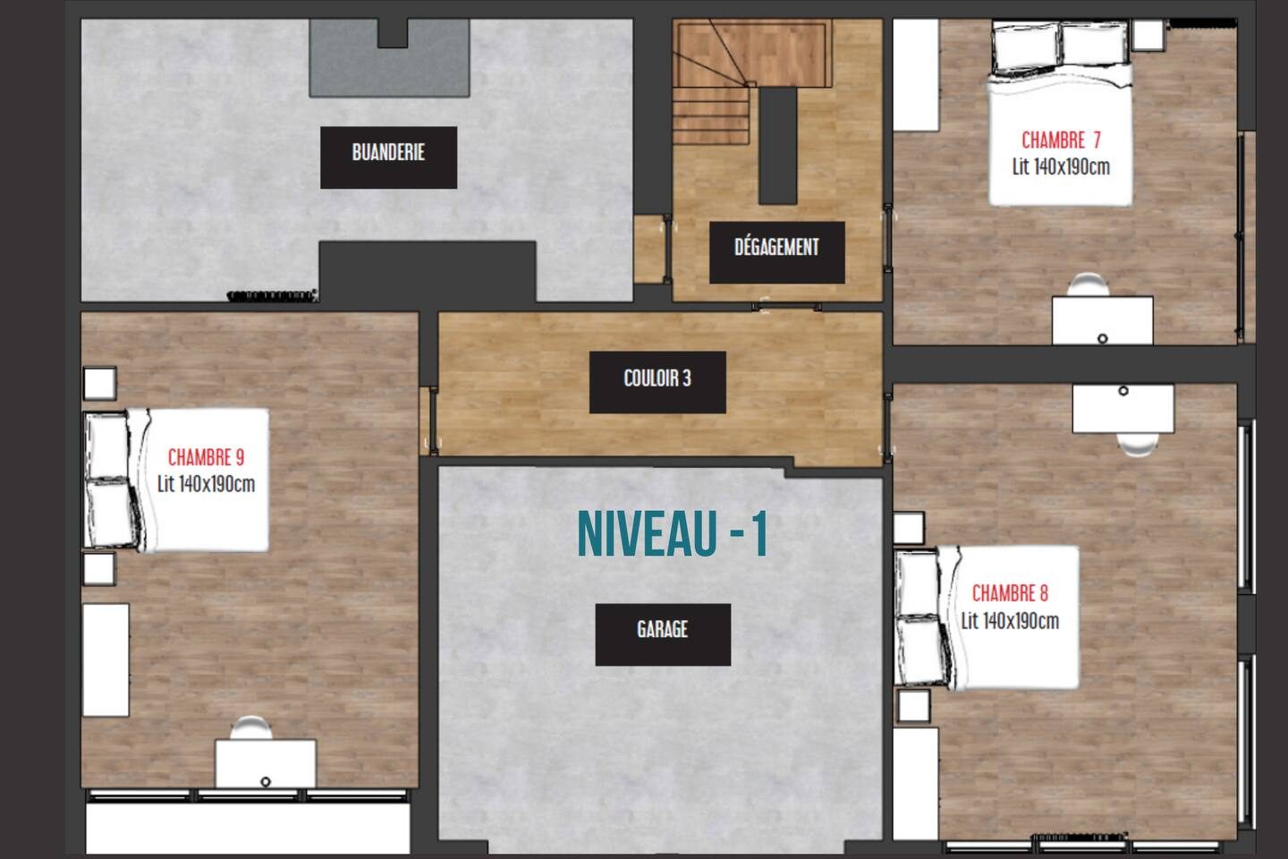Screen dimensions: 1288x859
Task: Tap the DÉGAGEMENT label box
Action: tap(776, 252)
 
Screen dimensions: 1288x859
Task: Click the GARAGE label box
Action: tap(663, 634)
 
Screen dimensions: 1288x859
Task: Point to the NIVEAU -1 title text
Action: tap(673, 534)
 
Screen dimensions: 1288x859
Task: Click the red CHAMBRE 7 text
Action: tap(1061, 140)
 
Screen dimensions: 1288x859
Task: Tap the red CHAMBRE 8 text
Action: tap(1011, 593)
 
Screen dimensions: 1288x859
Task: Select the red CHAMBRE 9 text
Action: tap(206, 457)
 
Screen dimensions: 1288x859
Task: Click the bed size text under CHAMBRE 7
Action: tap(1061, 166)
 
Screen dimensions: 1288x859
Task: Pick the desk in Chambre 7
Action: tap(1102, 320)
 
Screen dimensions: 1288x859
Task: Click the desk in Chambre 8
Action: tap(1123, 409)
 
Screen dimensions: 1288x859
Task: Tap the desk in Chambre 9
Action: tap(266, 763)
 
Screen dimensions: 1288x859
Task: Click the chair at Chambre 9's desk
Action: tap(251, 727)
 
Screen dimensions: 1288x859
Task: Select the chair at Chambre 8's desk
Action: tap(1138, 445)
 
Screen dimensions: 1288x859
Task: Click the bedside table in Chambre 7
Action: tap(1148, 35)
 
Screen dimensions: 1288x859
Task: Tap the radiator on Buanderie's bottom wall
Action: tap(273, 296)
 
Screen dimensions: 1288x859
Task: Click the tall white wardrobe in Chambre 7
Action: tap(916, 75)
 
